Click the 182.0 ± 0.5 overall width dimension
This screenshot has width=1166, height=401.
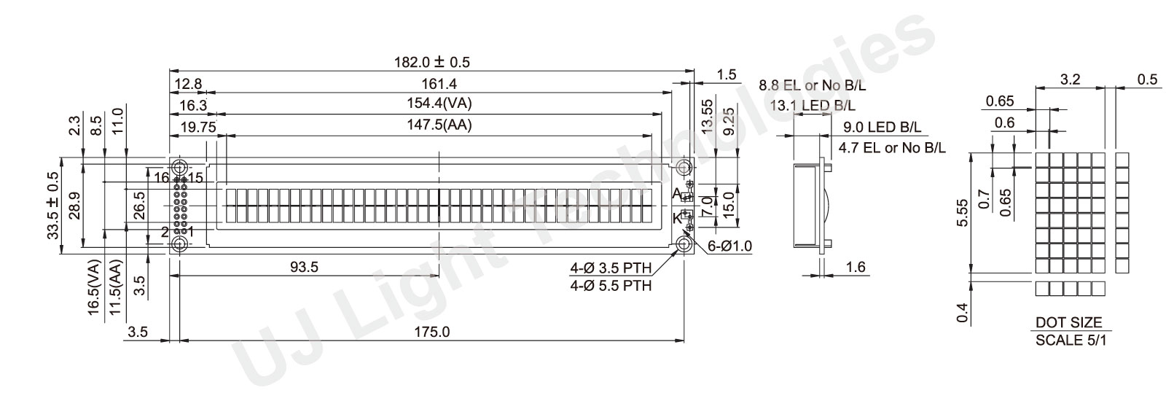pos(431,63)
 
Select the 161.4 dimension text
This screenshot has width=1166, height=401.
pos(439,84)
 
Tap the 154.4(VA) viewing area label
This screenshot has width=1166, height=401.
pos(439,104)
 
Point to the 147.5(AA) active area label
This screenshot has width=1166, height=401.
pos(439,125)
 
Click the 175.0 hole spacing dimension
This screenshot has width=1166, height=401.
pos(431,332)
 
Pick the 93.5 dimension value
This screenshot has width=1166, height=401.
pos(304,267)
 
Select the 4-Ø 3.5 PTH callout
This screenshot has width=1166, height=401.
pos(611,268)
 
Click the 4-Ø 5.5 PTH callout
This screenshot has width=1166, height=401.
pos(611,286)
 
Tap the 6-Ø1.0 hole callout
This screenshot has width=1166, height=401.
pos(729,246)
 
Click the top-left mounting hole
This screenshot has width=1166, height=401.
pos(180,168)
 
